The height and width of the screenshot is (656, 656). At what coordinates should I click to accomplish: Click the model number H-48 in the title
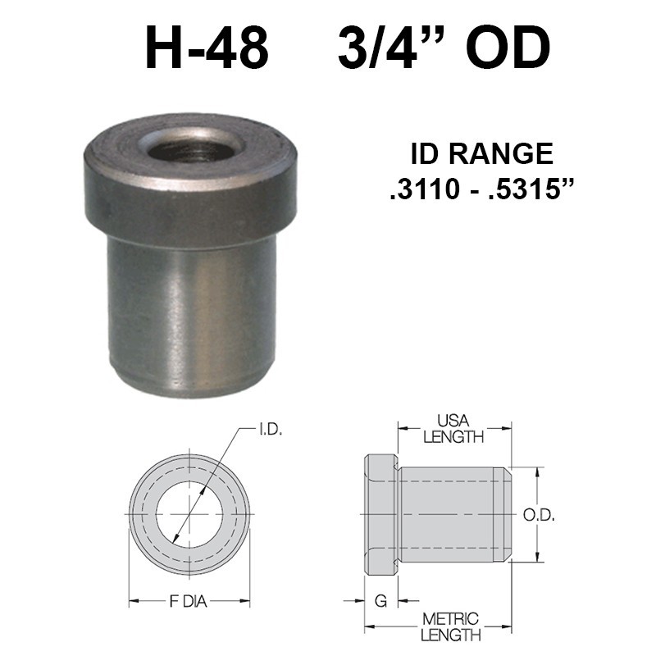[x=207, y=49]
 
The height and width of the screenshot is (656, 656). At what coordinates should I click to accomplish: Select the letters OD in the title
[x=508, y=49]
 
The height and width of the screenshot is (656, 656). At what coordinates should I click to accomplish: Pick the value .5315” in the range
[x=528, y=190]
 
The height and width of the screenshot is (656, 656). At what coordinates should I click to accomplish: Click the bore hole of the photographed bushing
[x=190, y=148]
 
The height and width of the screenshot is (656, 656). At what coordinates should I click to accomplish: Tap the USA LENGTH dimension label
[x=453, y=430]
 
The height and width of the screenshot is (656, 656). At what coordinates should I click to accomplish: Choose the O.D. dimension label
[x=540, y=515]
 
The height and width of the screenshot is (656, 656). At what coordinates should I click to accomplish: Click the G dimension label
[x=380, y=602]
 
